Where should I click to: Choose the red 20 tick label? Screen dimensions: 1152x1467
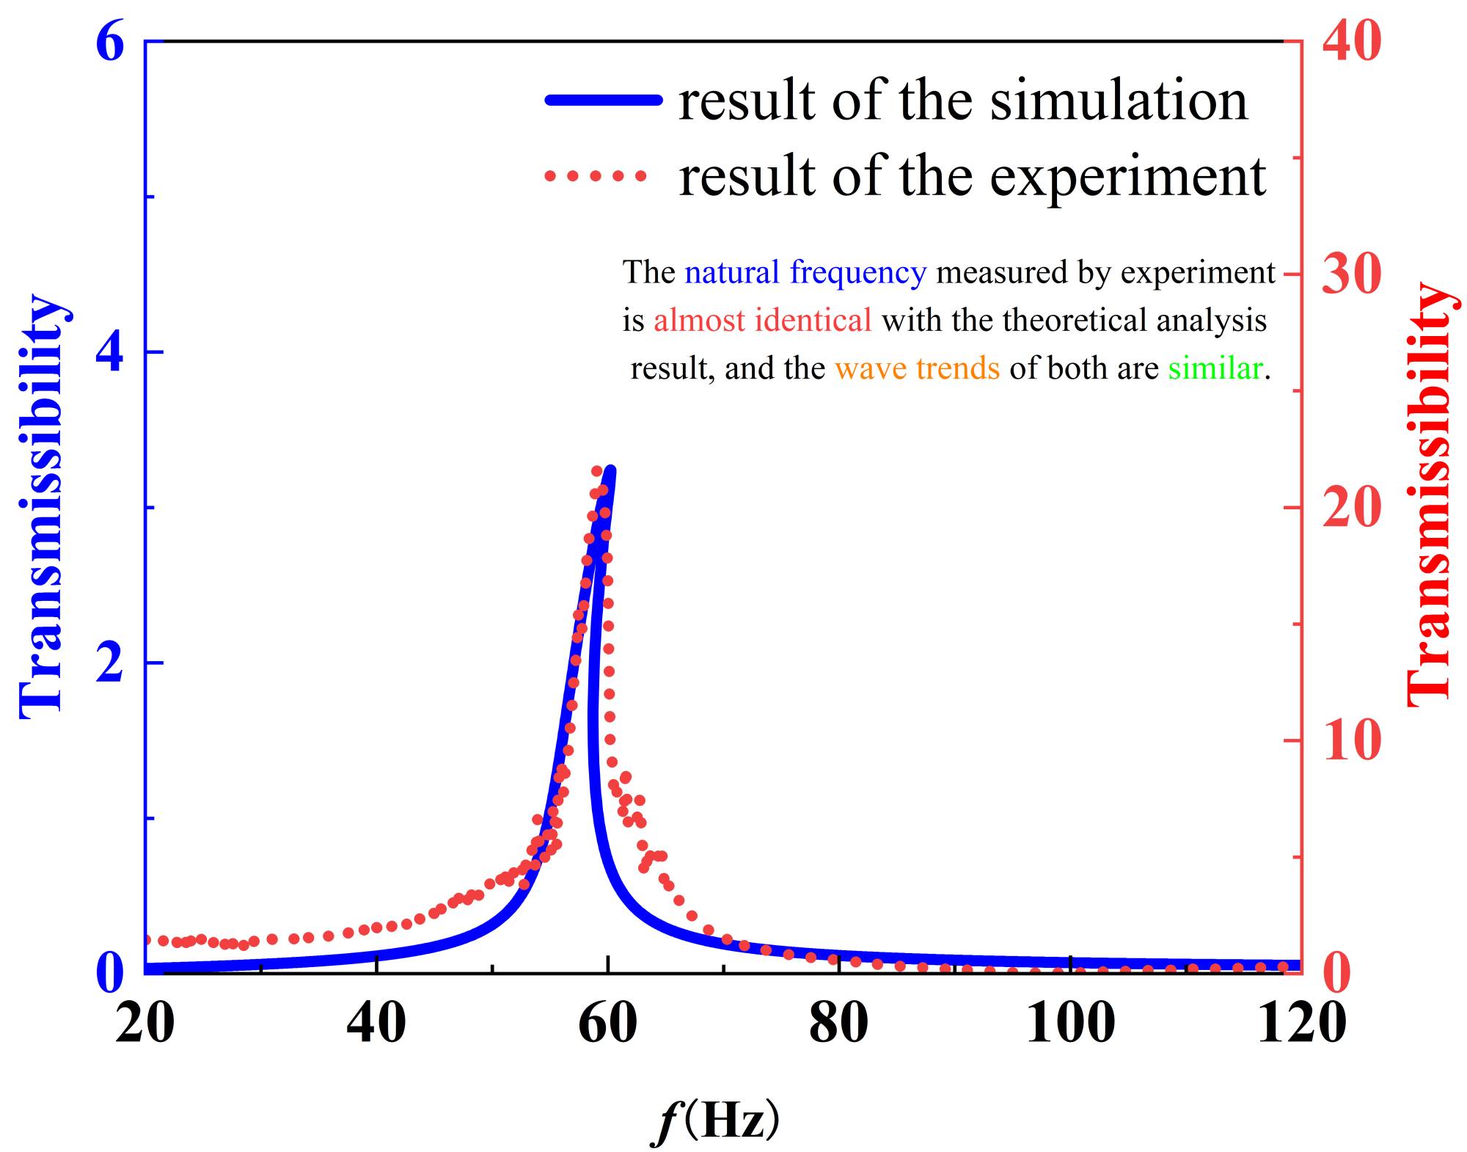tap(1351, 508)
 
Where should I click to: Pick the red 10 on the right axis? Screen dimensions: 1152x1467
tap(1351, 740)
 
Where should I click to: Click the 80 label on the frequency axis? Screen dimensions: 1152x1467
tap(838, 1021)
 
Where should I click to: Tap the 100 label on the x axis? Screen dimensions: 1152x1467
tap(1070, 1021)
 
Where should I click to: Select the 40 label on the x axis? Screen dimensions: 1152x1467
tap(376, 1021)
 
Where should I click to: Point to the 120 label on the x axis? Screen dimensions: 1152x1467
tap(1301, 1021)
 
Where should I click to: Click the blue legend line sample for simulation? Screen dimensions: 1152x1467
tap(603, 101)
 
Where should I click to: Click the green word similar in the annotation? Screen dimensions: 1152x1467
tap(1215, 368)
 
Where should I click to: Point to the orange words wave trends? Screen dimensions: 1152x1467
tap(917, 368)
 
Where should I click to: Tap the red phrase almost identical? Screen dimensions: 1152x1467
tap(763, 321)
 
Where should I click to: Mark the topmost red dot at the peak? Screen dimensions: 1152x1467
tap(597, 471)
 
